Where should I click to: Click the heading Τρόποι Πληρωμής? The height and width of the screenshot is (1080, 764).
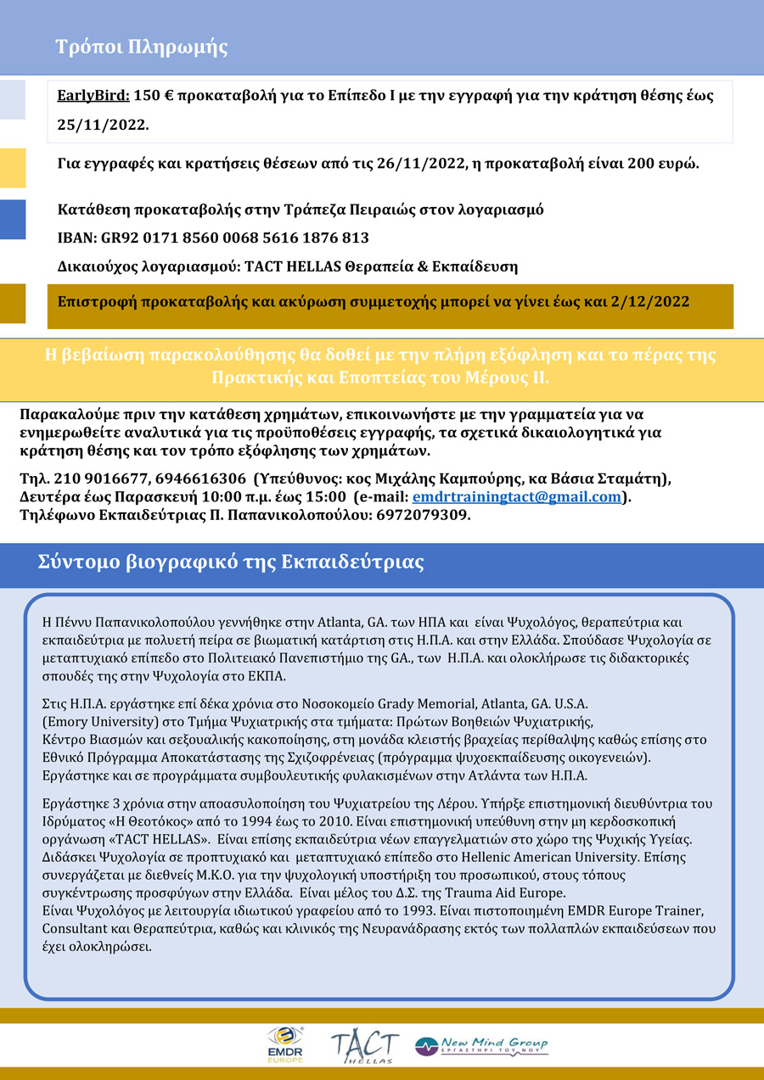[142, 47]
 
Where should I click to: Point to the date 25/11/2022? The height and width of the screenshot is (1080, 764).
[102, 125]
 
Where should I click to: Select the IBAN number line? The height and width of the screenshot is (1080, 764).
[213, 238]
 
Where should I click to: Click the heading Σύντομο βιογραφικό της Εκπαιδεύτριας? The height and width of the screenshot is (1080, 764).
[231, 562]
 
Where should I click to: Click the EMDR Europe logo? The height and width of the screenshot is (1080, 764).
[285, 1044]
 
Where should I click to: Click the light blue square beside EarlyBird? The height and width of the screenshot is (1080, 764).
[13, 99]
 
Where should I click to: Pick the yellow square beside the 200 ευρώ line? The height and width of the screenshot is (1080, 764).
[13, 167]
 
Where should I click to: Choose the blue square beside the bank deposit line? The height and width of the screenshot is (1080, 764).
[13, 220]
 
